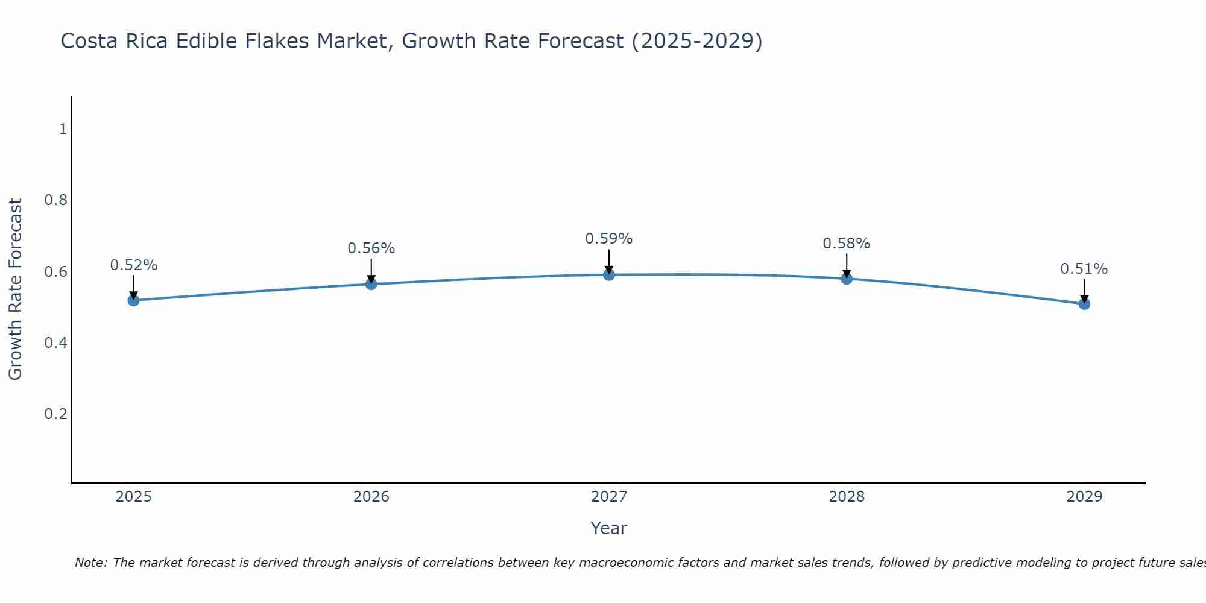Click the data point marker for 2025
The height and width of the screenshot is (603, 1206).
tap(133, 300)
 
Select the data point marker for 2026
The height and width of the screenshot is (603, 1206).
tap(371, 284)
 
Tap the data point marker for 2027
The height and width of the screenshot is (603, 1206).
tap(609, 275)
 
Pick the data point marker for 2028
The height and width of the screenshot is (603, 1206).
tap(847, 279)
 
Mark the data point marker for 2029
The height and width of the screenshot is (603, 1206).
tap(1084, 304)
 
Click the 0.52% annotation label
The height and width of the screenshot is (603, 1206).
tap(133, 265)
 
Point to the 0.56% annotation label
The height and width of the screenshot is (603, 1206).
tap(371, 248)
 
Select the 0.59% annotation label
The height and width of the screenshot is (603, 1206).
tap(609, 239)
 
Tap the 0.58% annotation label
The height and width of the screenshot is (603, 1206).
tap(847, 244)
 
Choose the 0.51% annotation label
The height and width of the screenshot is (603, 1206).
tap(1084, 269)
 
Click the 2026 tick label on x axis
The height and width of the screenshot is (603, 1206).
tap(371, 497)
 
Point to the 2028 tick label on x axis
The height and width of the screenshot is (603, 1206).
tap(847, 497)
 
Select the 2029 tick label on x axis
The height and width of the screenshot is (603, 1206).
tap(1084, 497)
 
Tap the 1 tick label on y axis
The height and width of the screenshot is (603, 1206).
tap(62, 129)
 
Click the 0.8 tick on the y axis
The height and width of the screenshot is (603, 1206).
tap(55, 200)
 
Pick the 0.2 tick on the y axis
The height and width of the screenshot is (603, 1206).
tap(55, 414)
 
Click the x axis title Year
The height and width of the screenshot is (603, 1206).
tap(609, 528)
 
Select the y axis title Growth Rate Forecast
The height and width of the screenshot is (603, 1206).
tap(16, 289)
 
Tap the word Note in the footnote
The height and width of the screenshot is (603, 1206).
tap(90, 563)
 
